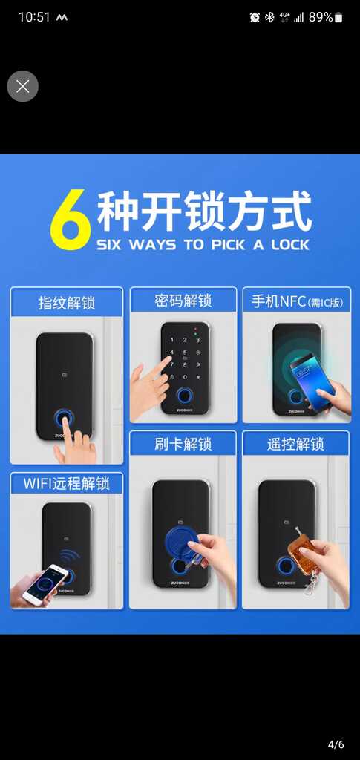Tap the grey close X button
(x=22, y=86)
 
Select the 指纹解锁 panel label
(x=67, y=304)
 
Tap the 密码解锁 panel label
(x=183, y=301)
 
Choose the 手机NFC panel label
(x=297, y=302)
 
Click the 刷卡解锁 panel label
(x=183, y=445)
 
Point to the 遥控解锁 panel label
(x=295, y=445)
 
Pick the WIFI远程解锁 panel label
(x=67, y=484)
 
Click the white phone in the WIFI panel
(x=45, y=584)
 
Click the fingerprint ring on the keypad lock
(x=184, y=396)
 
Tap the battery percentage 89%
(x=321, y=18)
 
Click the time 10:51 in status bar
(x=34, y=18)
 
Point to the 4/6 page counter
(x=336, y=744)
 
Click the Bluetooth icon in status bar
(x=269, y=18)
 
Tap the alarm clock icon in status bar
(x=255, y=18)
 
